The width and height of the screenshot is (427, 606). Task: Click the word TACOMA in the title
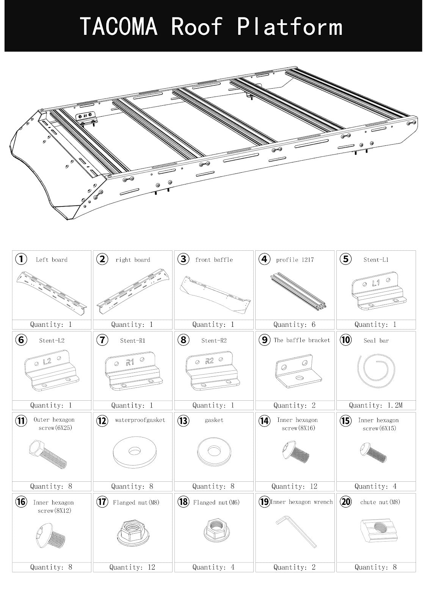pyautogui.click(x=119, y=27)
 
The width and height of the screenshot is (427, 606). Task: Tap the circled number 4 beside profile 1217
pyautogui.click(x=264, y=259)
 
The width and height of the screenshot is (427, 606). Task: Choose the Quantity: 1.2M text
pyautogui.click(x=375, y=405)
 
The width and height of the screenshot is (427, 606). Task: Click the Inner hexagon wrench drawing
pyautogui.click(x=296, y=533)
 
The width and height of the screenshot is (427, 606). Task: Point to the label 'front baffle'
pyautogui.click(x=214, y=260)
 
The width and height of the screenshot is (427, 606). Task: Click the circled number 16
pyautogui.click(x=21, y=502)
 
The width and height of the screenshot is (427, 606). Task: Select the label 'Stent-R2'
pyautogui.click(x=214, y=340)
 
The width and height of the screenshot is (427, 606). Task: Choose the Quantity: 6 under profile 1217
pyautogui.click(x=294, y=325)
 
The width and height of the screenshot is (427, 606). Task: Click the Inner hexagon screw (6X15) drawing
pyautogui.click(x=373, y=452)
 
